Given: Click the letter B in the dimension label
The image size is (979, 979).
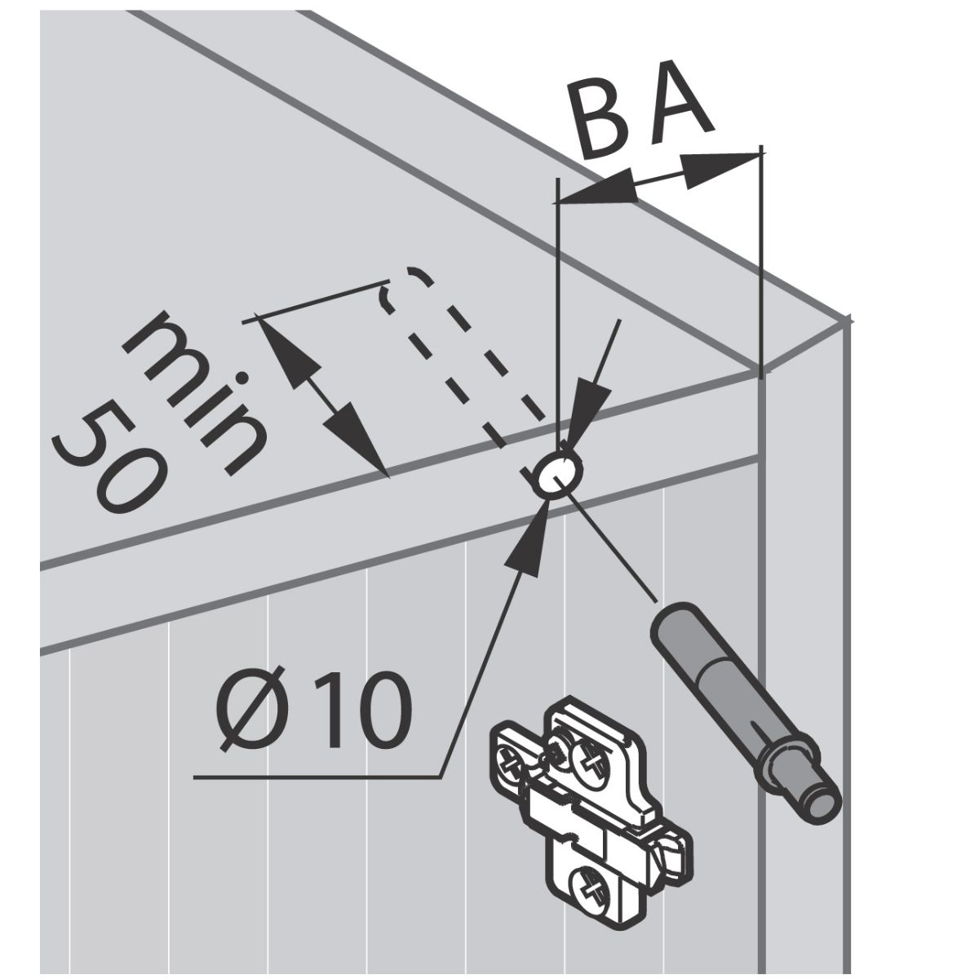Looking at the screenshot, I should click(603, 122).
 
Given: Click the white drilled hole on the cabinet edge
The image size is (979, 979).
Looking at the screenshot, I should click(558, 473).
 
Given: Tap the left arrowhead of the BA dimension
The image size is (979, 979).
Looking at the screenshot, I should click(596, 188).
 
